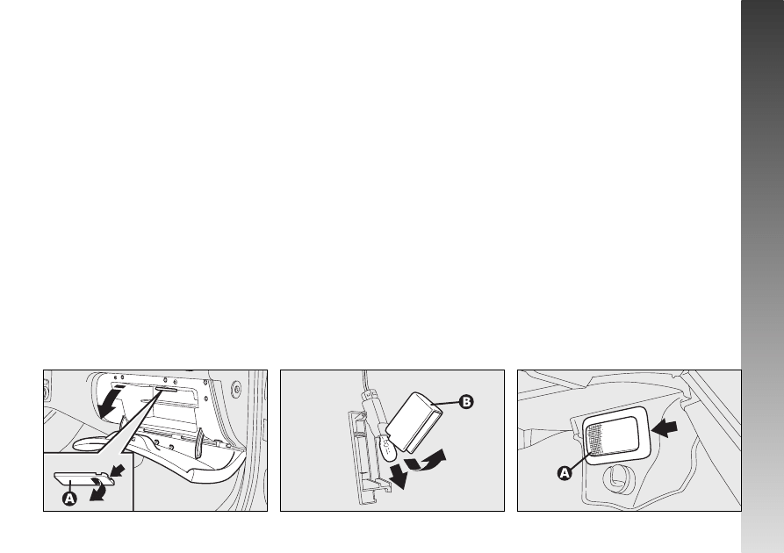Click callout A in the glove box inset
pos(69,498)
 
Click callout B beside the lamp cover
pos(466,401)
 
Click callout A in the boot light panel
pos(565,472)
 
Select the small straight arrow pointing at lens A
pos(118,470)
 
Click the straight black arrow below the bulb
pos(399,476)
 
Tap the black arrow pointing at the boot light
pos(665,428)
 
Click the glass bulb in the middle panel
pos(387,446)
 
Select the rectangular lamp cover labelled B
pos(414,421)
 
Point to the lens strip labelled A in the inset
pos(83,478)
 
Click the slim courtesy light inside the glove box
pos(166,389)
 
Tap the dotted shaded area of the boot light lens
pos(597,439)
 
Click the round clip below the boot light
pos(617,477)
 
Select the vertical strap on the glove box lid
pos(199,442)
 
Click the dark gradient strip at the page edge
pos(763,276)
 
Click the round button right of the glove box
pos(236,387)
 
